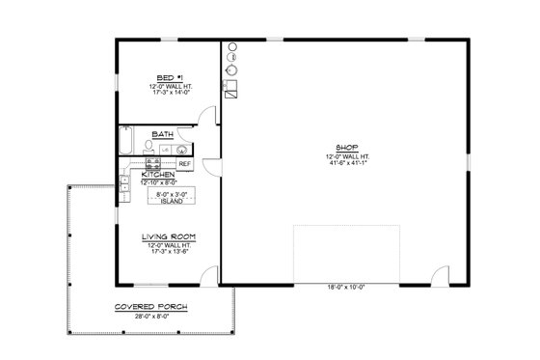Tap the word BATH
[x=162, y=134]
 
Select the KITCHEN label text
[x=157, y=174]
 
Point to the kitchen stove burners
[x=139, y=164]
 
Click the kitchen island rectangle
[x=171, y=196]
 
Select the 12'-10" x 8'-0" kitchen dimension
[x=157, y=181]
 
